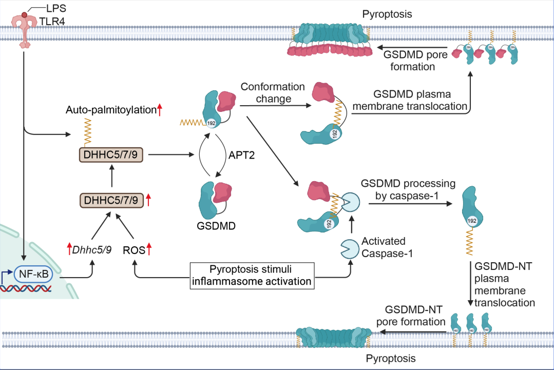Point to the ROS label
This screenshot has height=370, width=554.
point(135,251)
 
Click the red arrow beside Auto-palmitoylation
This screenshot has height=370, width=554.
point(160,109)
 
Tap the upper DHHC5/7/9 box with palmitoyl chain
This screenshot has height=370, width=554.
point(111,154)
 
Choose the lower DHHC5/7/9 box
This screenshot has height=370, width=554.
point(111,199)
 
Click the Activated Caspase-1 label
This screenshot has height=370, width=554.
point(384,247)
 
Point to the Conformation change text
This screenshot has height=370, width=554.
point(273,92)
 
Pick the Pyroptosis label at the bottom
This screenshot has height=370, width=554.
point(391,358)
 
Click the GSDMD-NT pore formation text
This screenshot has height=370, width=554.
point(411,316)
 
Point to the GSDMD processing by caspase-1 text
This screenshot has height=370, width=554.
point(408,189)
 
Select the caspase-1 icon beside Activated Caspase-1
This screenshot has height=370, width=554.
point(349,249)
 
